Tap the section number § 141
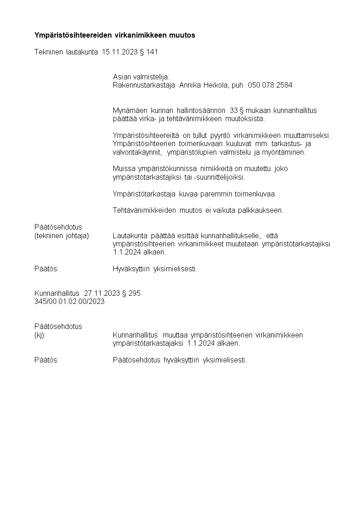pyautogui.click(x=149, y=52)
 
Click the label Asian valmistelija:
pyautogui.click(x=141, y=77)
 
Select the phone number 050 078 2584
pyautogui.click(x=270, y=85)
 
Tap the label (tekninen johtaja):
pyautogui.click(x=63, y=235)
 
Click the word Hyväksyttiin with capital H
pyautogui.click(x=131, y=269)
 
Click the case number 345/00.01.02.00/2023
pyautogui.click(x=69, y=302)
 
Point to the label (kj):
pyautogui.click(x=40, y=335)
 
